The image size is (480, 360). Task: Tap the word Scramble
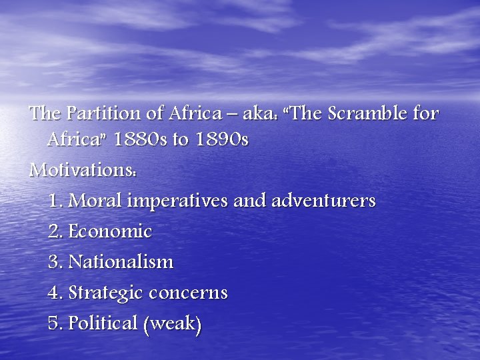coord(354,114)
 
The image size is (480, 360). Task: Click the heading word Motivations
coord(83,171)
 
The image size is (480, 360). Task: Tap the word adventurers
coord(323,201)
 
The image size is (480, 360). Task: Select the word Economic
coord(110,232)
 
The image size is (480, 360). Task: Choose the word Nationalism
coord(121,262)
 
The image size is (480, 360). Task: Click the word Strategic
coord(106,293)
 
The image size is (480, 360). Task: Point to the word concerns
coord(188,293)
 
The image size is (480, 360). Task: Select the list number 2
coord(54,232)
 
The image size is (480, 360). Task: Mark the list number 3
coord(54,262)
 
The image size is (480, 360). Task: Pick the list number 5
coord(54,324)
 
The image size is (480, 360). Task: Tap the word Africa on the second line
coord(71,140)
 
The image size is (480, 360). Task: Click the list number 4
coord(54,293)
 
